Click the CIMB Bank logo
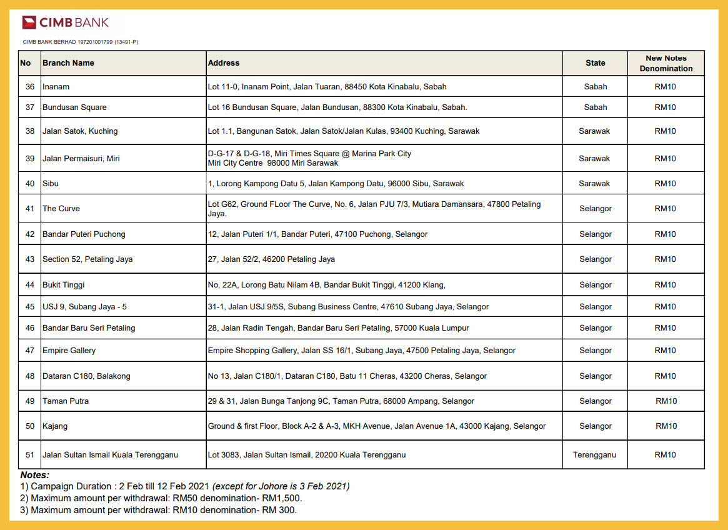[65, 22]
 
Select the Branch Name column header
[68, 63]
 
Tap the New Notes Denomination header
[666, 63]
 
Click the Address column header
[224, 63]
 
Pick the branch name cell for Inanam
[56, 87]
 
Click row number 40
[30, 184]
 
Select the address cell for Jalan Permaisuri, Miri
[309, 158]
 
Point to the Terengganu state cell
[594, 455]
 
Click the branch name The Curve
[61, 209]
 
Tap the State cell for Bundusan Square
[595, 107]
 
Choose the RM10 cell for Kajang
[666, 426]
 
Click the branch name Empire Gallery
[69, 351]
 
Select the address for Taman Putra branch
[341, 401]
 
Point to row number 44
[30, 285]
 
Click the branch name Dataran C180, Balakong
[86, 376]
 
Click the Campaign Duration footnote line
[185, 486]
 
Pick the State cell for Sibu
[594, 184]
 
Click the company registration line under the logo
[81, 42]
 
